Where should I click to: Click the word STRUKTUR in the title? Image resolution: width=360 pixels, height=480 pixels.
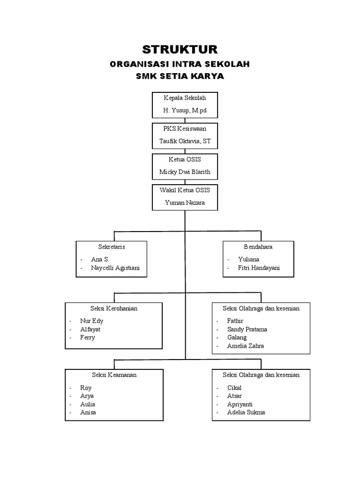tap(180, 50)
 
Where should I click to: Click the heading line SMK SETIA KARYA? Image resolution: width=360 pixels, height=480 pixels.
tap(180, 76)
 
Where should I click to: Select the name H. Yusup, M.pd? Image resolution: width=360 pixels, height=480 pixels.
tap(185, 111)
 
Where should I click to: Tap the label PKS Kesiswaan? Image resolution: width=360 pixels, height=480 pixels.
tap(185, 128)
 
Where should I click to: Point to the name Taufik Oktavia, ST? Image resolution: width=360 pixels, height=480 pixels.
tap(185, 141)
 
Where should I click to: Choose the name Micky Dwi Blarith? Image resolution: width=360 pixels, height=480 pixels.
tap(185, 172)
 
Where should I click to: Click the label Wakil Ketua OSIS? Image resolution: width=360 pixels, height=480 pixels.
tap(185, 190)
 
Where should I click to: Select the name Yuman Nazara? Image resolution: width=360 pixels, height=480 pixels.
tap(185, 203)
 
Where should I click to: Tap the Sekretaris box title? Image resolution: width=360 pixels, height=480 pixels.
tap(111, 247)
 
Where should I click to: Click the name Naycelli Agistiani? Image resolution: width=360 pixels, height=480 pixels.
tap(116, 268)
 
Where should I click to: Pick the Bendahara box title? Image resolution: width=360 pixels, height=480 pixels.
tap(258, 247)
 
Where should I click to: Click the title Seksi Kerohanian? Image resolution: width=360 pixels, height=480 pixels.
tap(113, 308)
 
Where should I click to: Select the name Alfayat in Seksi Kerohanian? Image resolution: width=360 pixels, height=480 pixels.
tap(90, 330)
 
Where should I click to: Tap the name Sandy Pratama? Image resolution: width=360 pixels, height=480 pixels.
tap(247, 330)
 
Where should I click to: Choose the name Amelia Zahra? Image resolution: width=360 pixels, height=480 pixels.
tap(245, 346)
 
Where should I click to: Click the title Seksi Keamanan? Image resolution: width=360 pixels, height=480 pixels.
tap(113, 375)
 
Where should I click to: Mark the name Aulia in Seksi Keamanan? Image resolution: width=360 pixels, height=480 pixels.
tap(88, 404)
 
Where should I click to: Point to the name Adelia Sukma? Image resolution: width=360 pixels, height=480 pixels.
tap(246, 412)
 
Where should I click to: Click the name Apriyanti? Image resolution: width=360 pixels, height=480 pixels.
tap(240, 404)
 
